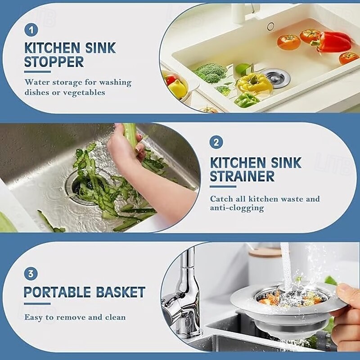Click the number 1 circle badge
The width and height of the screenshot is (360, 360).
click(31, 30)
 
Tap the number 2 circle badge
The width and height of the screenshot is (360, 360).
click(216, 143)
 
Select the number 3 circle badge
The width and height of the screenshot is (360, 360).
click(31, 274)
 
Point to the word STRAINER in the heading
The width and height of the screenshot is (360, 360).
click(242, 176)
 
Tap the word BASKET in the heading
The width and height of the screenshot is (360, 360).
click(120, 292)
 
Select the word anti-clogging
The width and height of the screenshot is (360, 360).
click(237, 208)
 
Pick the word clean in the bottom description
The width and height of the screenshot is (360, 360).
click(115, 317)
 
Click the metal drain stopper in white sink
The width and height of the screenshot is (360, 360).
click(275, 77)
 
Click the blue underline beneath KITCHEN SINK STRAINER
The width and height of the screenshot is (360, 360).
click(223, 186)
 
